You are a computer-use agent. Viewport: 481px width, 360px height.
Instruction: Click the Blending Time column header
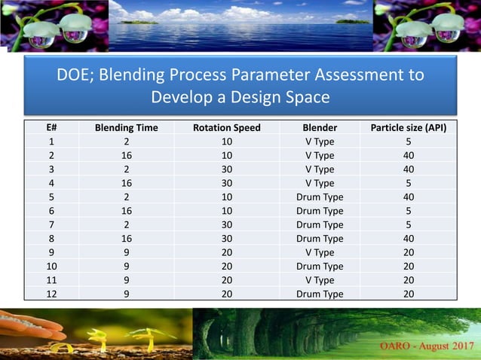tap(126, 127)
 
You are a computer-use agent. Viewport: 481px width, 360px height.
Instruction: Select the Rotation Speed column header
tap(227, 127)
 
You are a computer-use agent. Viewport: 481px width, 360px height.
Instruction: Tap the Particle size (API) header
tap(409, 127)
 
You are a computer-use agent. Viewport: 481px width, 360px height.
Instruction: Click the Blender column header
tap(320, 127)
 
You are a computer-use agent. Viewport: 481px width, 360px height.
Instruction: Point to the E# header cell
tap(51, 127)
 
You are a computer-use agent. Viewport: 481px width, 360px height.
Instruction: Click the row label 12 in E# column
tap(51, 294)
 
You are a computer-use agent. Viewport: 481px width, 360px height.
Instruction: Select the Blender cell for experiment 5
tap(320, 197)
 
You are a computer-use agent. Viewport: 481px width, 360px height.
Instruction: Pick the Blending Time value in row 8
tap(126, 238)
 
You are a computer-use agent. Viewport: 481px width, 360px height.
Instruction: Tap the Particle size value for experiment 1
tap(409, 141)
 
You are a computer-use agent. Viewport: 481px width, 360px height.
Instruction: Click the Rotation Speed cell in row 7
tap(227, 224)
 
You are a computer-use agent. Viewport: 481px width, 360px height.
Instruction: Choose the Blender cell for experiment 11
tap(320, 279)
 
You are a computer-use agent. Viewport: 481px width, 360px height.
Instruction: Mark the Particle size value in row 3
tap(409, 169)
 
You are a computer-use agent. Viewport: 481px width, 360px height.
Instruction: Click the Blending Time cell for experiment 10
tap(126, 266)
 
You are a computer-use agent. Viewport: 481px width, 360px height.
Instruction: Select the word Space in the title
tap(309, 97)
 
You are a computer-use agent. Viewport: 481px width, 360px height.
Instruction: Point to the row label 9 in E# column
tap(51, 252)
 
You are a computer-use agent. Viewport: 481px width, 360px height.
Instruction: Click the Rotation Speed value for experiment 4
tap(227, 183)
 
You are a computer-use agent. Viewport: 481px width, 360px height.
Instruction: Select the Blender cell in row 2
tap(320, 155)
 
